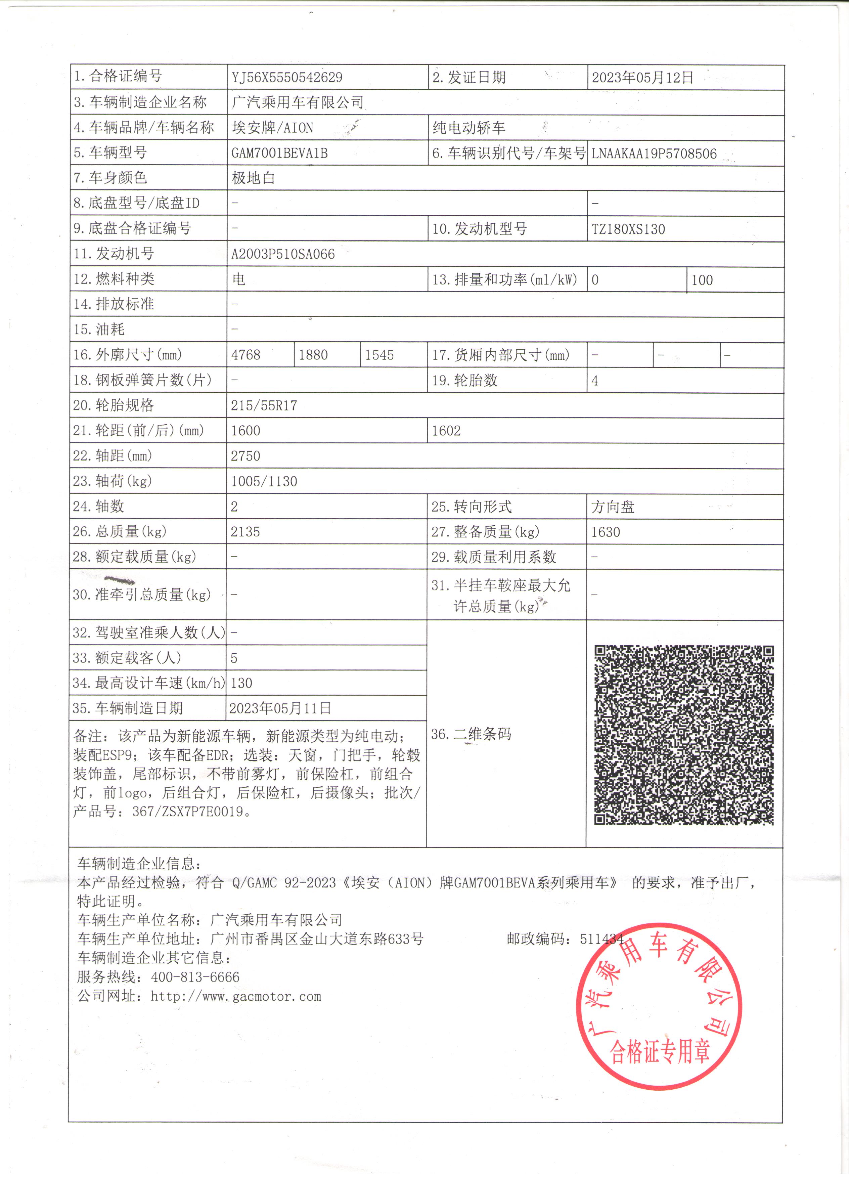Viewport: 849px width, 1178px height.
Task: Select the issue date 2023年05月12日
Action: click(x=642, y=77)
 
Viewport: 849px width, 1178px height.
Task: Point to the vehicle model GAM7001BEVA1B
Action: click(x=279, y=153)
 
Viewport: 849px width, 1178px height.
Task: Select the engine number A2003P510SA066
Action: click(x=283, y=254)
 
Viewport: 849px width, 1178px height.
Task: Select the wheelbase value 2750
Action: click(x=245, y=456)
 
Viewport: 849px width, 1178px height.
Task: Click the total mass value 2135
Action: click(x=245, y=531)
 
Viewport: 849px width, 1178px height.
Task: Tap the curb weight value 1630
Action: click(x=606, y=532)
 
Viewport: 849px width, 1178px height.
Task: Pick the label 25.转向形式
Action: click(x=472, y=507)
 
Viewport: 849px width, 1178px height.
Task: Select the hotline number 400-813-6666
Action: click(x=195, y=977)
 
